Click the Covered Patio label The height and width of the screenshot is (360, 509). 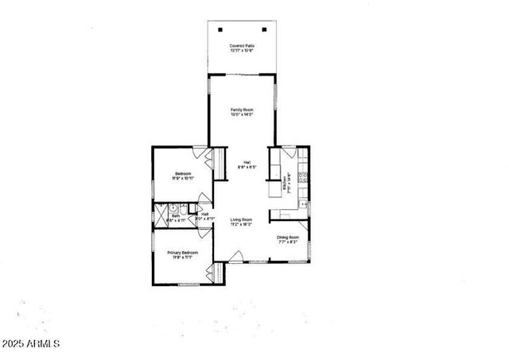coord(242,46)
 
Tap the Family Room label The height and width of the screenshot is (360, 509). coord(242,110)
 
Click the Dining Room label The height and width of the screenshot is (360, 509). coord(288,237)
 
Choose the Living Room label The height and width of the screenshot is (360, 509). coord(242,219)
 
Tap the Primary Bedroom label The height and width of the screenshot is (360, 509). coord(182,253)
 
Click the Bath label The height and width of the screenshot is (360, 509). coord(176,215)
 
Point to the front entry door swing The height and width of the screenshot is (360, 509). coord(235,257)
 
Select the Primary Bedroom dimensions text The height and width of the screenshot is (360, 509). coord(182,258)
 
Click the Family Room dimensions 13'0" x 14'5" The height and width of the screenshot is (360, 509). coord(242,115)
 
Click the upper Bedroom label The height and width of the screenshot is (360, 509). coord(182,173)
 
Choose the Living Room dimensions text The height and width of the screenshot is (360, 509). coord(242,225)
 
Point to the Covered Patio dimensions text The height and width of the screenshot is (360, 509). coord(242,52)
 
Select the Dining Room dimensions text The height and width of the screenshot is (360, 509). coord(288,242)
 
